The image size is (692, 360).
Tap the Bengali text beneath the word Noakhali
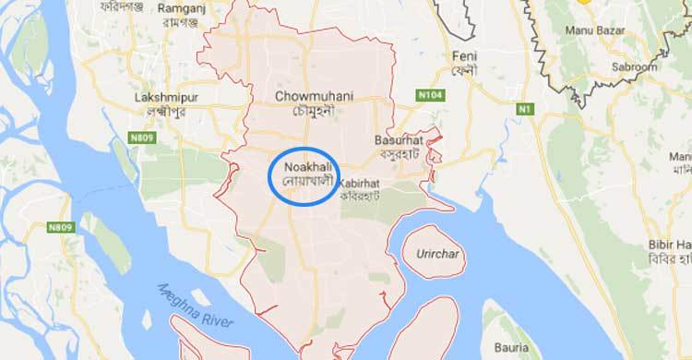click(x=304, y=180)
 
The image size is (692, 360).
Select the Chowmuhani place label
click(x=307, y=95)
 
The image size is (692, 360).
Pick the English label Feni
click(x=463, y=56)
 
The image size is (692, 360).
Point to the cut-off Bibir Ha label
click(x=671, y=244)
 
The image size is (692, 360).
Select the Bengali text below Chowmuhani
click(x=309, y=109)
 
